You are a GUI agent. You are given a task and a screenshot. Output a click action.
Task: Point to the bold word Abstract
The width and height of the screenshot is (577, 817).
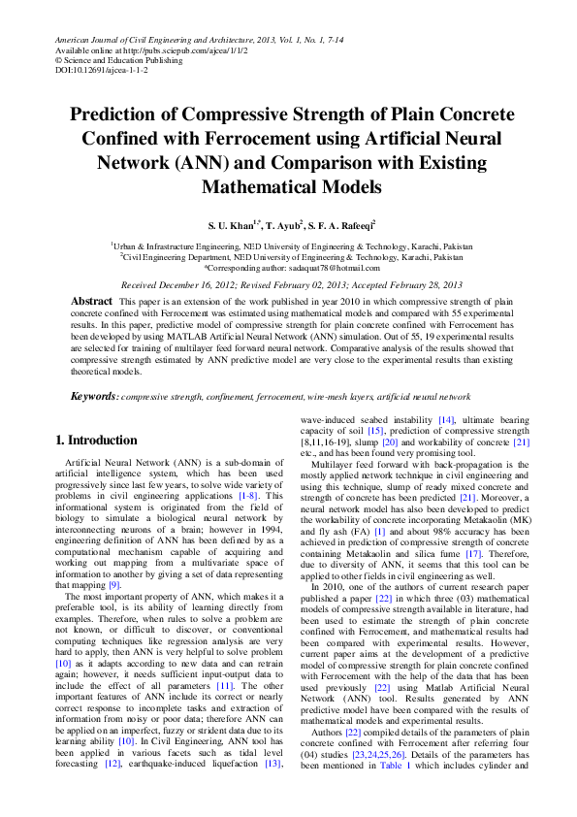[x=92, y=303]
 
